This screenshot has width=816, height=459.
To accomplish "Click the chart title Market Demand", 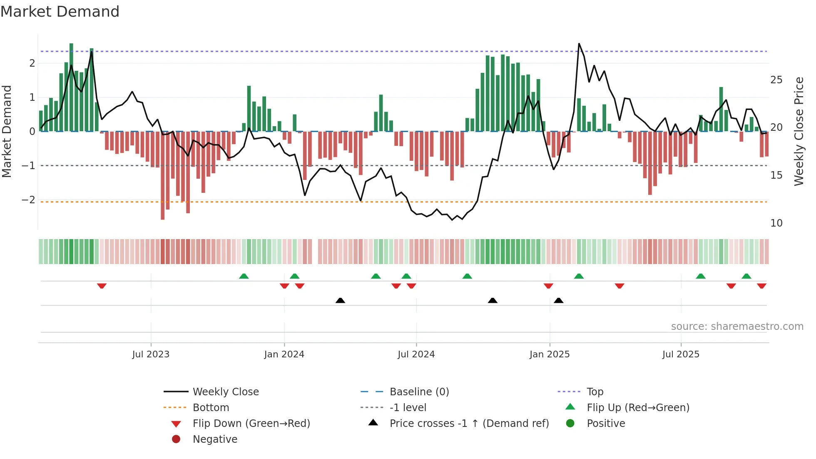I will click(x=60, y=12).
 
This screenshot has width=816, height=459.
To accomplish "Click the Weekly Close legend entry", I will click(x=225, y=392).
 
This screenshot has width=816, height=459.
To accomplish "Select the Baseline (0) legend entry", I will click(x=419, y=392).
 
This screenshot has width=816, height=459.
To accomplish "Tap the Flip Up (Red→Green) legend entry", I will click(x=637, y=407).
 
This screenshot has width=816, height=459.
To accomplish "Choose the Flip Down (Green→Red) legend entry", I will click(x=251, y=423).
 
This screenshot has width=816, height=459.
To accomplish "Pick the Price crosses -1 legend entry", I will click(x=469, y=423).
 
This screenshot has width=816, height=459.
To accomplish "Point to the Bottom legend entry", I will click(x=211, y=407).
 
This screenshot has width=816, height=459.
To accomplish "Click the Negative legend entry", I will click(x=214, y=439).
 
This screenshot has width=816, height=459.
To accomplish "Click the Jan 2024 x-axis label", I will click(x=284, y=354).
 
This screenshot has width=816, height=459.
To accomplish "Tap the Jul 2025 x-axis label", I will click(x=681, y=354).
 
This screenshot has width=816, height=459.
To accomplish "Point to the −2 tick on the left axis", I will click(x=28, y=200).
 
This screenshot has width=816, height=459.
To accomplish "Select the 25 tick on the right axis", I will click(x=776, y=80).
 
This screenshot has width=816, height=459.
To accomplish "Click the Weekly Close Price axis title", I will click(x=799, y=131).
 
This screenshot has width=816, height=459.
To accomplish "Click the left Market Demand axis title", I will click(x=7, y=131).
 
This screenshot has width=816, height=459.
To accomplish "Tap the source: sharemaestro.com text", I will click(x=737, y=326).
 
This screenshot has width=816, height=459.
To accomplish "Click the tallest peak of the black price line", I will click(x=579, y=44).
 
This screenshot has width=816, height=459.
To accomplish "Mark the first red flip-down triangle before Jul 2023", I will click(x=102, y=286).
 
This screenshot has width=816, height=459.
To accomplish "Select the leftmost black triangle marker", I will click(x=340, y=300).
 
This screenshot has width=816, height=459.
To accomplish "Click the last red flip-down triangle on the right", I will click(x=761, y=286).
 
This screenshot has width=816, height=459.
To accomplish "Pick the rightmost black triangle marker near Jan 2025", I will click(x=559, y=300).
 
